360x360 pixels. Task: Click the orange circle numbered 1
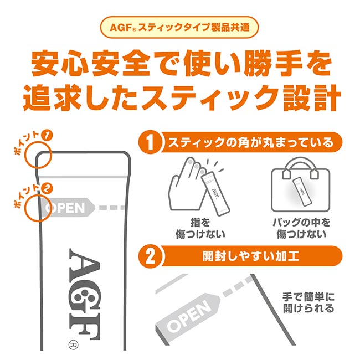150,143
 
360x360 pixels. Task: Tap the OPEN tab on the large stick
66,208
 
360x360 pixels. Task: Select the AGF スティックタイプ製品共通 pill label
179,27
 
